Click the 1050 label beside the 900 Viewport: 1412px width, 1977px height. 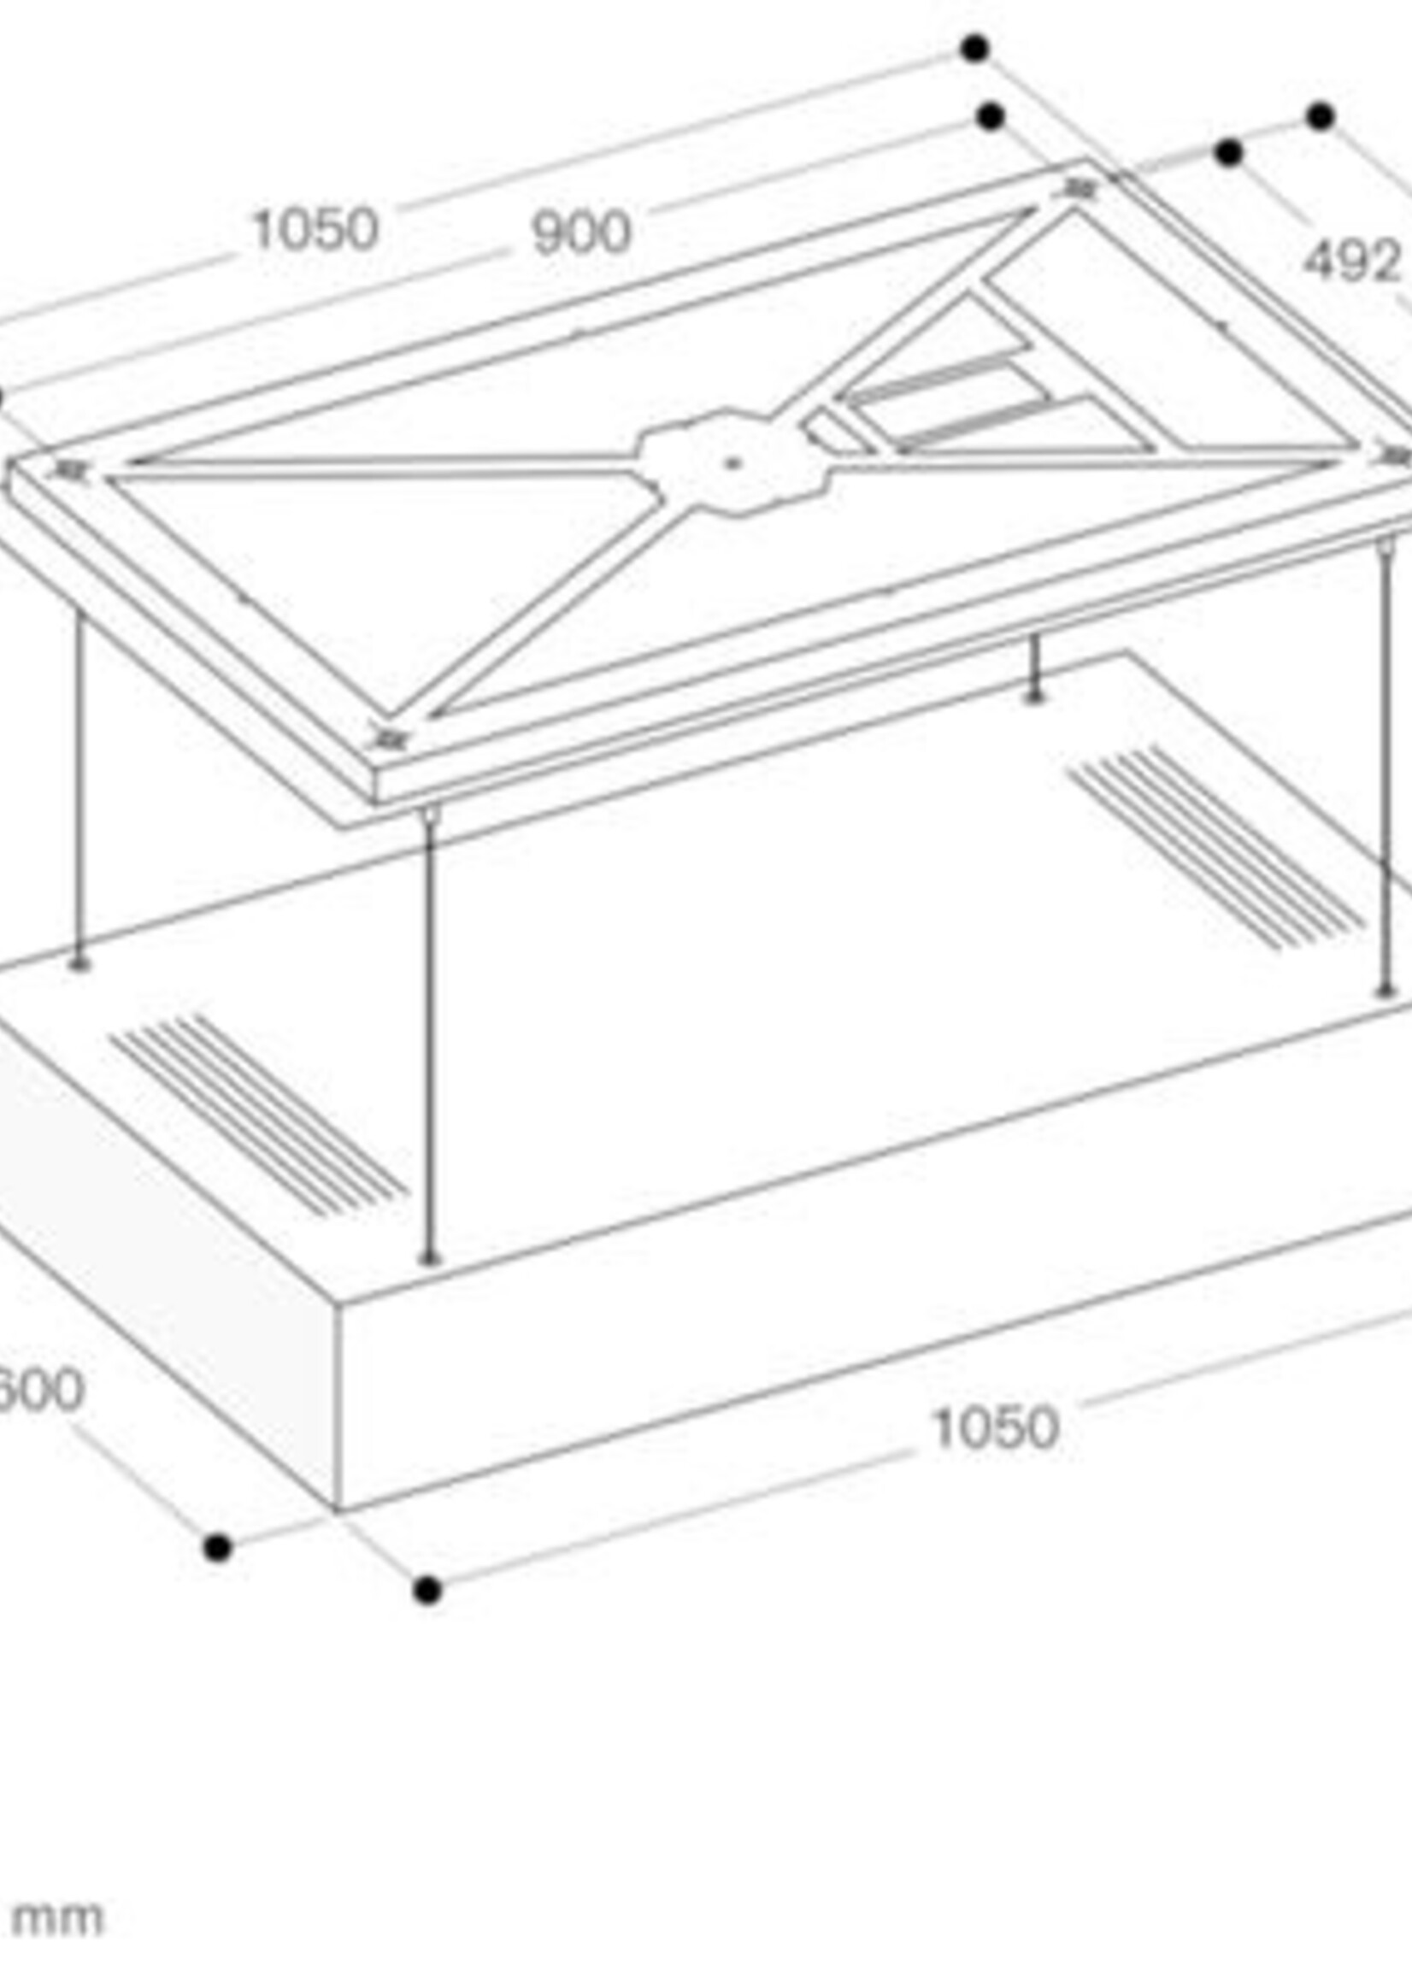315,230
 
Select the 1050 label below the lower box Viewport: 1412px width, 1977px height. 996,1427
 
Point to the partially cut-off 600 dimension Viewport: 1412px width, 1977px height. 39,1389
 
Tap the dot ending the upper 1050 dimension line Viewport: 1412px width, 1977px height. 975,48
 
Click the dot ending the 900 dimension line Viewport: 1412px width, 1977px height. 991,115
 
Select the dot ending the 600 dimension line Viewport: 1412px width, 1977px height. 217,1548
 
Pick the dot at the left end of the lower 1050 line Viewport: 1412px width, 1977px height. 427,1590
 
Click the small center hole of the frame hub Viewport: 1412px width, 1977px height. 732,463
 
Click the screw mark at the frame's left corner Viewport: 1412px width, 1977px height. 69,470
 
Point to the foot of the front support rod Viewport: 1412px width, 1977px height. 430,1258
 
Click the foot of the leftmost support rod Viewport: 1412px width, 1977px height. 79,963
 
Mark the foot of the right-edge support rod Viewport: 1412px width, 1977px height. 1384,991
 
